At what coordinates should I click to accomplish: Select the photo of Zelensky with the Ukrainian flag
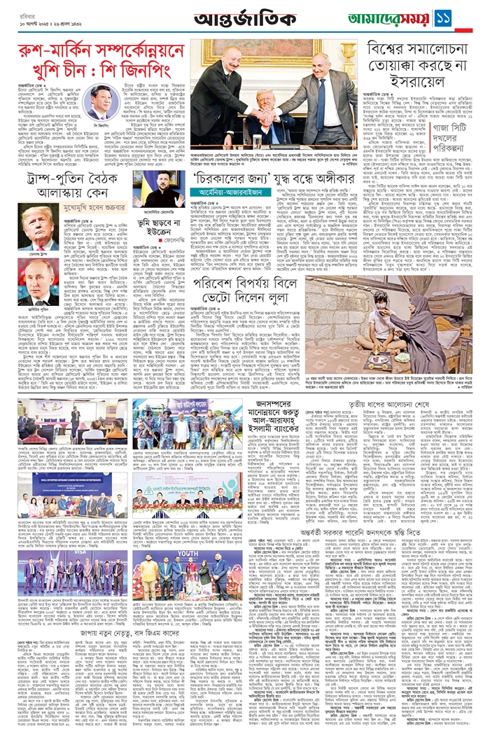(159, 190)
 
